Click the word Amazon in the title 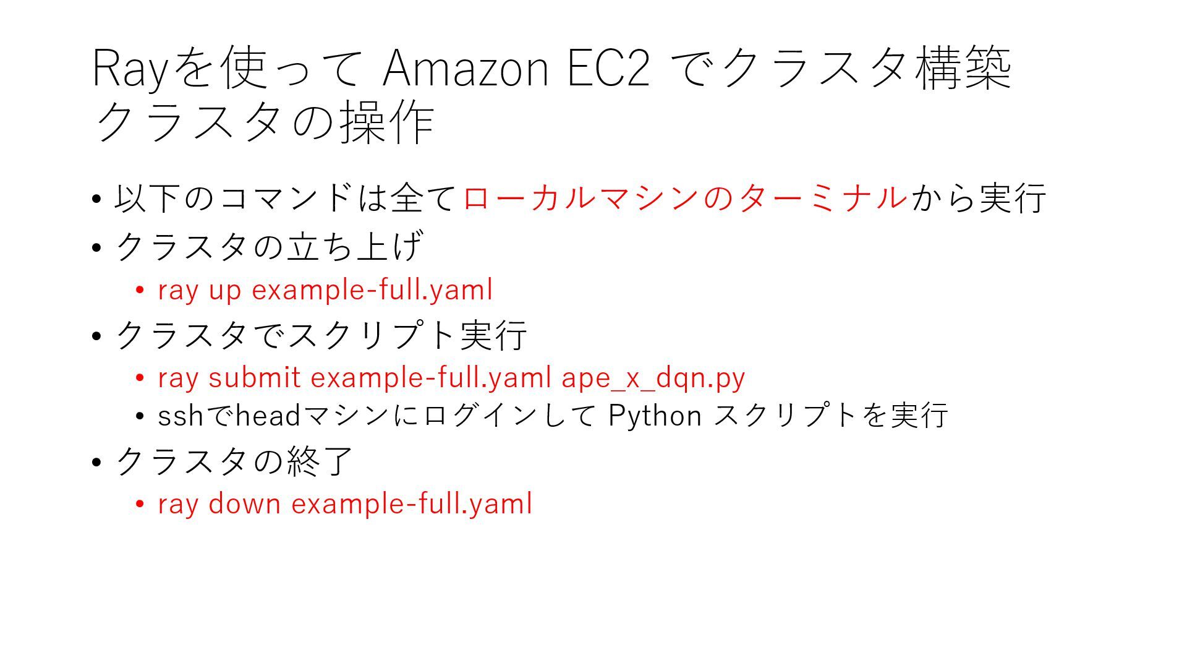point(466,68)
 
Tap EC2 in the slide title point(608,68)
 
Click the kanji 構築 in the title point(963,68)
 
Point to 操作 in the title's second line point(388,122)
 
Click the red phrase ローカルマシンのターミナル point(685,198)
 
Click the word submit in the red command point(255,378)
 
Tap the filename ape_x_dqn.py point(653,378)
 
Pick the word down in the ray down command point(245,503)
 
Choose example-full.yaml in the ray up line point(372,290)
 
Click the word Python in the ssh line point(655,416)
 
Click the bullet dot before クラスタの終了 point(96,462)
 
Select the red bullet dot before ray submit point(140,378)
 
